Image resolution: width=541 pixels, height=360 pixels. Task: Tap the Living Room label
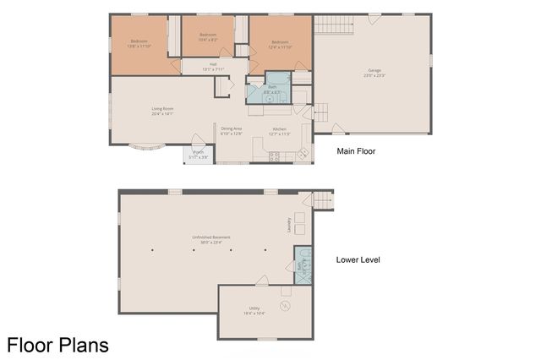coord(162,111)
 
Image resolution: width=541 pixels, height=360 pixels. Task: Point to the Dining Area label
coord(231,131)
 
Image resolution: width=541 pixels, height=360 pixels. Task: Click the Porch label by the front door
coord(197,155)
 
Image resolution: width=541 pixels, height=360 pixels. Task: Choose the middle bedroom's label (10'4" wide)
coord(207,38)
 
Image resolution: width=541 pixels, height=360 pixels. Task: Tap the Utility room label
coord(254,310)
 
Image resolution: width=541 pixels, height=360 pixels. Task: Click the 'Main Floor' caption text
coord(356,152)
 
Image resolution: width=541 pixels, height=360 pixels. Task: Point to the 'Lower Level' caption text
coord(358,259)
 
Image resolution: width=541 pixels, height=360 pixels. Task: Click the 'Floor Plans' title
coord(57,345)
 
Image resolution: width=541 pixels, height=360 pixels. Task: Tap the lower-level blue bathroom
coord(303,265)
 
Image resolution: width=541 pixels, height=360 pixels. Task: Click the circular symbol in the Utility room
coord(285,305)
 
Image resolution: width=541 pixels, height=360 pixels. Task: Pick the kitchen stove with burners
coord(273,155)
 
